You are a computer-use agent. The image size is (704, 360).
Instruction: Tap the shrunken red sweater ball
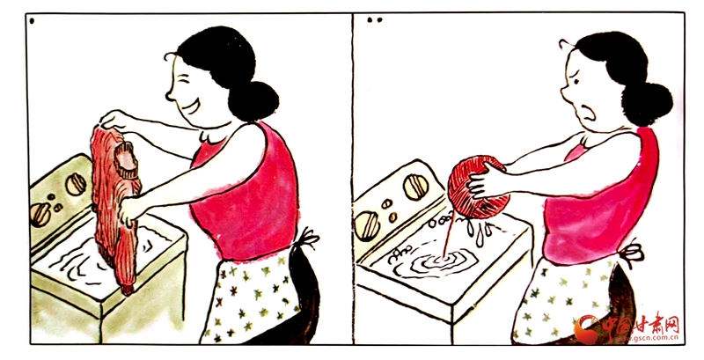point(479,187)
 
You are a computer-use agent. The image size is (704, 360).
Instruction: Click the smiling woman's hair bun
point(253,101)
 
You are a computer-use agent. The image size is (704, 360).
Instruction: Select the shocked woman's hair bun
point(647,103)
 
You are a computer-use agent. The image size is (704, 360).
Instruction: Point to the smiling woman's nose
point(169,95)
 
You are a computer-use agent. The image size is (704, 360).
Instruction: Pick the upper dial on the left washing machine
point(76,184)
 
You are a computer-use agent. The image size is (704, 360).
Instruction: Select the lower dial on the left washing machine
point(40,215)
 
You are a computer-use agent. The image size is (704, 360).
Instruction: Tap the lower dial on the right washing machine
point(367,226)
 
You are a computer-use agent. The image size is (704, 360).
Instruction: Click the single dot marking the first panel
point(32,20)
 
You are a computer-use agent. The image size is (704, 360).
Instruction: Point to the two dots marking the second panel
point(374,20)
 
